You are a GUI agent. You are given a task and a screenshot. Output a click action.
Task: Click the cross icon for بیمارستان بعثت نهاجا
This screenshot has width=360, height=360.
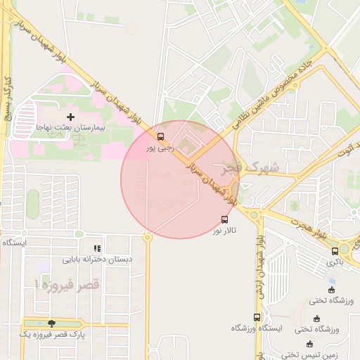pyautogui.click(x=70, y=117)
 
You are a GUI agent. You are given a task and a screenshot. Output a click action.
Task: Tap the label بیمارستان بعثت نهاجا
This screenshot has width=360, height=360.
pyautogui.click(x=70, y=129)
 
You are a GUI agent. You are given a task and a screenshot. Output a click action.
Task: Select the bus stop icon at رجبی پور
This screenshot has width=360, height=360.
pyautogui.click(x=161, y=136)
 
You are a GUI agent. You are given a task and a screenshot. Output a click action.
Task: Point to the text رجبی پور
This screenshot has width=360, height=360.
pyautogui.click(x=159, y=148)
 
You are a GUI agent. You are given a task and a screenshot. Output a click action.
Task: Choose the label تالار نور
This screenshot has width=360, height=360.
pyautogui.click(x=226, y=230)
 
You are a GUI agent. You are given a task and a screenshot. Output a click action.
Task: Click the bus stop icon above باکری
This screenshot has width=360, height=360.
pyautogui.click(x=335, y=250)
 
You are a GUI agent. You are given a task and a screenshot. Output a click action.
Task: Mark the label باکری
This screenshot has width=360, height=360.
pyautogui.click(x=335, y=262)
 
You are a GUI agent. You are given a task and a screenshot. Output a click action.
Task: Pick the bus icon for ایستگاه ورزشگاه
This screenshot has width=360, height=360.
pyautogui.click(x=257, y=317)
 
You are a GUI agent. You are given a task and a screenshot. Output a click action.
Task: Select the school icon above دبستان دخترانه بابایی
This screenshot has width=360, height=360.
pyautogui.click(x=97, y=248)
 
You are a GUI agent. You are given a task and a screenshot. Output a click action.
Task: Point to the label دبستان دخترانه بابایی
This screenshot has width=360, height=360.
pyautogui.click(x=97, y=259)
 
